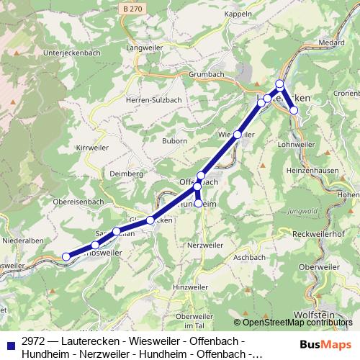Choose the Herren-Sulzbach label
pos(148,101)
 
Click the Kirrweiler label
pos(91,147)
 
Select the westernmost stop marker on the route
pos(66,256)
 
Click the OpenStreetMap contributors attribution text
pos(298,322)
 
